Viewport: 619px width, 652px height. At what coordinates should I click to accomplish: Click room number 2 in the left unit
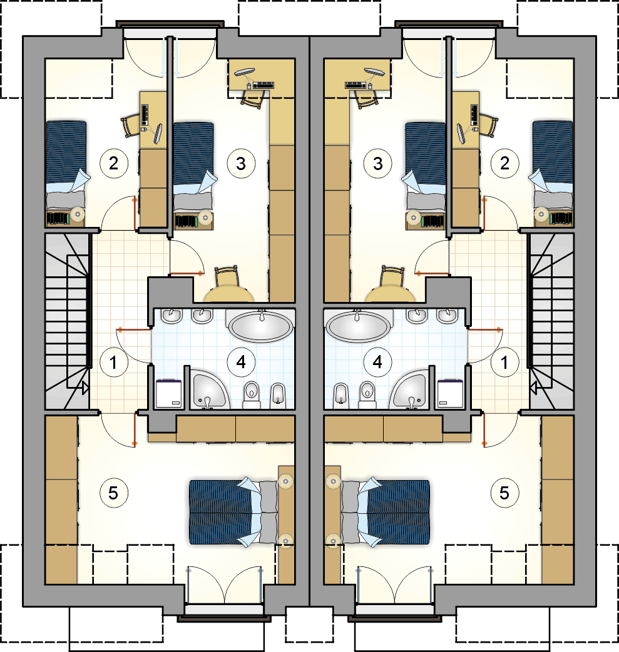(113, 163)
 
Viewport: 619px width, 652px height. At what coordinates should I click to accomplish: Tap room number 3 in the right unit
(377, 163)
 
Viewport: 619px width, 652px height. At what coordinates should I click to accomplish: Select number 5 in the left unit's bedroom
(113, 493)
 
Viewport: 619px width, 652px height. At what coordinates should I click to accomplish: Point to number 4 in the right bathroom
(377, 362)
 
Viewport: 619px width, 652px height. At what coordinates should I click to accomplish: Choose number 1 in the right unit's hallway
(504, 363)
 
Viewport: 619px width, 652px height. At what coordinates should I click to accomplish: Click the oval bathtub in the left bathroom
(260, 326)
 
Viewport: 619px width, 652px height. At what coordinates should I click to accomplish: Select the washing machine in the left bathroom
(168, 394)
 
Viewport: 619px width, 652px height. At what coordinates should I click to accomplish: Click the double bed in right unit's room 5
(386, 513)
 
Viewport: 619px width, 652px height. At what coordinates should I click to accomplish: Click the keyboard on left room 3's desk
(263, 85)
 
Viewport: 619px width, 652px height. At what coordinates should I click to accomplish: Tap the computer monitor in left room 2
(158, 134)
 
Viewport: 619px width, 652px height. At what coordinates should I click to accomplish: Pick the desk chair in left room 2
(131, 125)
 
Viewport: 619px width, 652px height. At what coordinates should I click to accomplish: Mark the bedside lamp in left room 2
(78, 214)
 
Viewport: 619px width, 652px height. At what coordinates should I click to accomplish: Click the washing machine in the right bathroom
(450, 394)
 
